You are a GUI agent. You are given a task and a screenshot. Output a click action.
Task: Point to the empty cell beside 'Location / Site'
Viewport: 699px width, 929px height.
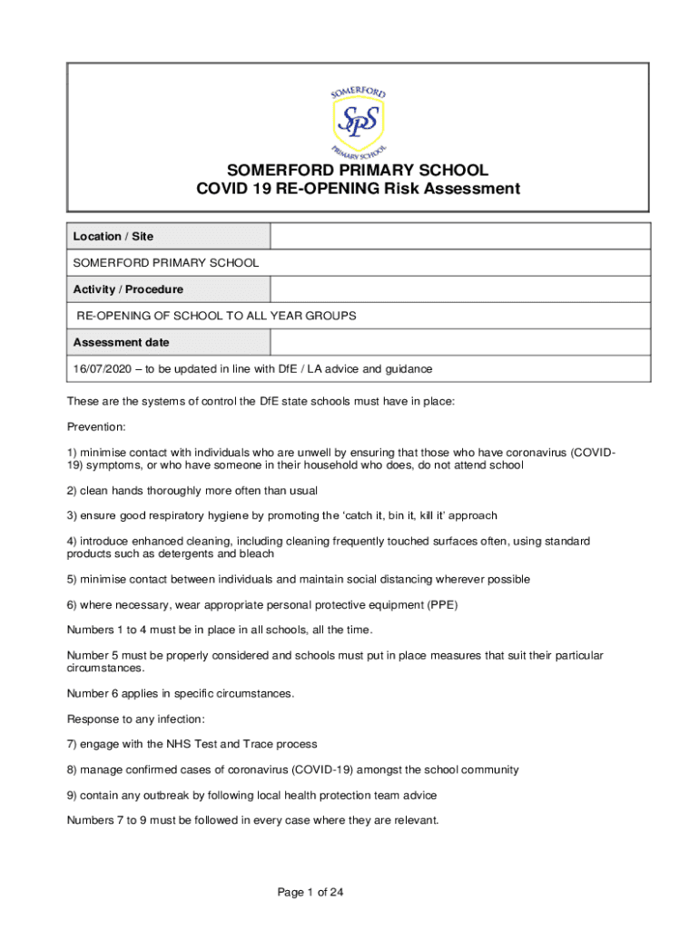coord(459,237)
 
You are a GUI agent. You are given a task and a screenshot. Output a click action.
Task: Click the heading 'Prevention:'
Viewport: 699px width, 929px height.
coord(96,426)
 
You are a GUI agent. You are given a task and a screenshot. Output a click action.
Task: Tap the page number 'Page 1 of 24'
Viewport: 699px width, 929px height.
coord(310,893)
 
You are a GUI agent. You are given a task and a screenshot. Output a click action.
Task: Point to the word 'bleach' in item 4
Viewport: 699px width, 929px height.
coord(256,553)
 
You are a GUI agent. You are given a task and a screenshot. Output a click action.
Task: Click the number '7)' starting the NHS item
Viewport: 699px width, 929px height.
coord(73,744)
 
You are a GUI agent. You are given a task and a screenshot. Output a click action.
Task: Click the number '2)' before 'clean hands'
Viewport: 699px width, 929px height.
coord(73,490)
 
